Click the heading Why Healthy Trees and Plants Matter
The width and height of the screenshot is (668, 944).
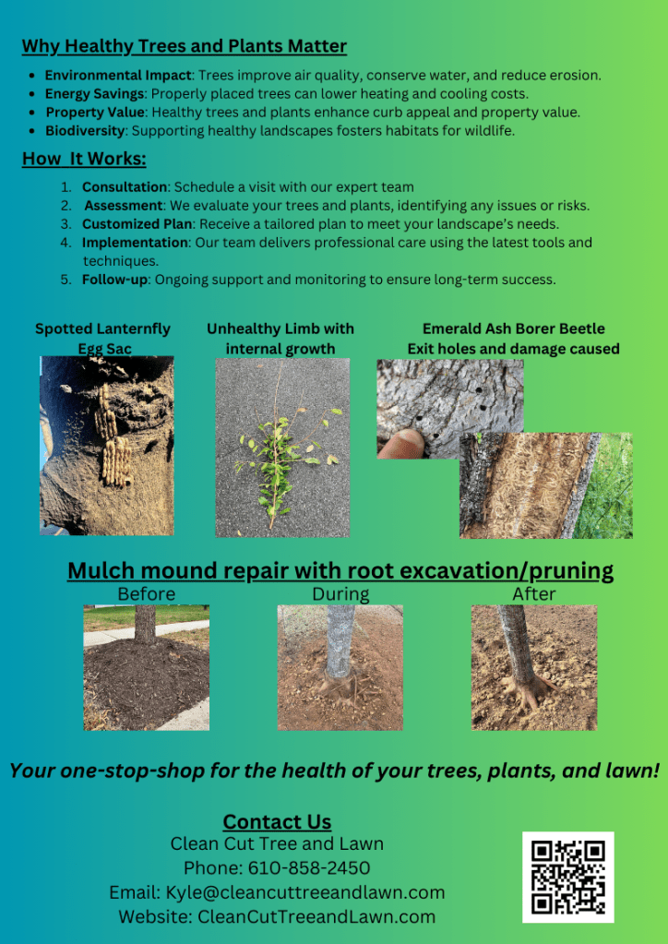185,46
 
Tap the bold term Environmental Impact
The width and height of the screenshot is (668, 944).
118,76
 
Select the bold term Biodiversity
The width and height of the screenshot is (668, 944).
85,131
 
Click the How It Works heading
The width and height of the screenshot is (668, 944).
84,159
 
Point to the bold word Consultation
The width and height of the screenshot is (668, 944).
124,187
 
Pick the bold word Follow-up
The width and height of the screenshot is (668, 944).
114,280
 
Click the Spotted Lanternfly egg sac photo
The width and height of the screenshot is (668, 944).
106,446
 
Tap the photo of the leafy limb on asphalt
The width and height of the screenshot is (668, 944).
282,448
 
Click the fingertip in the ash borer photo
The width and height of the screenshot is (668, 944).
400,443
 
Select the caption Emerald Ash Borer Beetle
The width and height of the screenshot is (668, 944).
513,329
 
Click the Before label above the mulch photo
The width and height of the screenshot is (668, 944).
146,594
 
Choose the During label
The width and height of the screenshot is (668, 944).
340,594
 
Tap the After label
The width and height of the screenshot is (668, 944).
534,594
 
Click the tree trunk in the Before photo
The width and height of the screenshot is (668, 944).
145,624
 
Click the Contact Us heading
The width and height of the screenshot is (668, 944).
277,822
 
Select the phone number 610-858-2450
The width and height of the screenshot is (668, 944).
309,868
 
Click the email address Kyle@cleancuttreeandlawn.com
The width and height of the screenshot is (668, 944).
305,893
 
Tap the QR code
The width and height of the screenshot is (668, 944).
568,878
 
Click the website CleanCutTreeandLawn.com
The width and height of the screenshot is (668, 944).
316,917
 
